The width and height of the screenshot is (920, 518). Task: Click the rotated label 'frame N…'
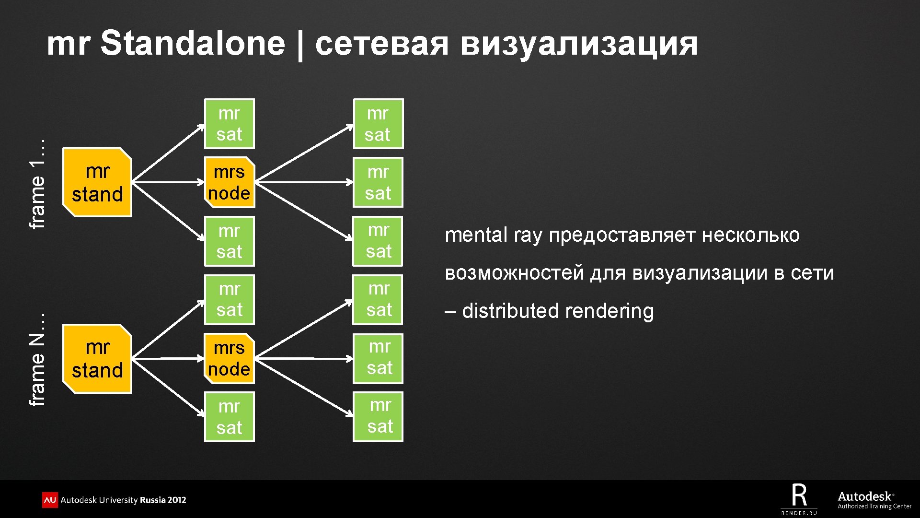click(x=37, y=360)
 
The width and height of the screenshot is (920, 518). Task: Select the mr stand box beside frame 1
click(x=97, y=183)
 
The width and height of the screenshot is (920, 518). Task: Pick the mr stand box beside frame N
click(x=97, y=359)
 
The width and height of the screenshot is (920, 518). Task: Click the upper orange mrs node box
click(x=229, y=182)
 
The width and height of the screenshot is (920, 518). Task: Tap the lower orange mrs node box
click(x=229, y=358)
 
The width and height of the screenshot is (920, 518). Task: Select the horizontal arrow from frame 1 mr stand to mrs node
click(x=168, y=182)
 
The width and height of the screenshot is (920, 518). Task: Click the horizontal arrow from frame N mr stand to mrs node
click(x=168, y=358)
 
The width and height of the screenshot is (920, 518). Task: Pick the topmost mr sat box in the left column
click(x=229, y=124)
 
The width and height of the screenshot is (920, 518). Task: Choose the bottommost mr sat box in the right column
click(x=378, y=416)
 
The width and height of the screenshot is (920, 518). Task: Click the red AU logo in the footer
click(x=50, y=500)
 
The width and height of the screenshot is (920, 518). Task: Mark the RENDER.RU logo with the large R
click(x=799, y=499)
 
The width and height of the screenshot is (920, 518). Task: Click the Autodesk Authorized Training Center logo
click(x=874, y=500)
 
